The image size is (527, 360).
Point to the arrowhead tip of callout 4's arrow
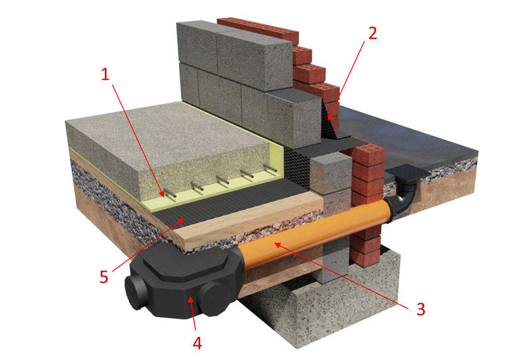coord(189,298)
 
